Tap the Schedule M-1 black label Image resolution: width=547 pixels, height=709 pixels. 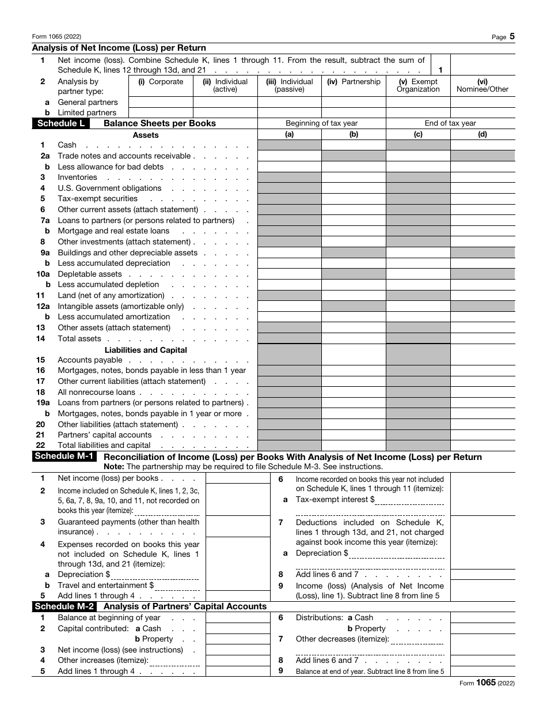[64, 457]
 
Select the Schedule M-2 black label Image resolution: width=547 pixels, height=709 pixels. [64, 606]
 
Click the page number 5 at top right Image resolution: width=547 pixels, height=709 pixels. [512, 36]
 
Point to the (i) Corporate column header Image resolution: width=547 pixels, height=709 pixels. [161, 82]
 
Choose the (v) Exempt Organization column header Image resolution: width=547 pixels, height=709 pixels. [418, 85]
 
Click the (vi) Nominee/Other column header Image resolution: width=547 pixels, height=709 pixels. [483, 85]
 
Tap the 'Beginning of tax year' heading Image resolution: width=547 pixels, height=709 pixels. [321, 123]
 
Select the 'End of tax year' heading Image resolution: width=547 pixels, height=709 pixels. [450, 123]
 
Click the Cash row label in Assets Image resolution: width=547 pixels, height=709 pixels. [67, 145]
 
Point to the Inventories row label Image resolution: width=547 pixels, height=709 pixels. [77, 178]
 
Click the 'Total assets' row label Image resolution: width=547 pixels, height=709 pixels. [79, 339]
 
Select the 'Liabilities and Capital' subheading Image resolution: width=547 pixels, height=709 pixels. [146, 350]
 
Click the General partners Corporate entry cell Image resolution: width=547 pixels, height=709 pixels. [161, 102]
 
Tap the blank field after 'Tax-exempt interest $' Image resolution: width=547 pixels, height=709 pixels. [409, 500]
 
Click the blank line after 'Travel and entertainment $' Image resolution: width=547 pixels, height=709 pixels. [177, 586]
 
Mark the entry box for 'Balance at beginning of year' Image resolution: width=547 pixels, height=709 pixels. [237, 618]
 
